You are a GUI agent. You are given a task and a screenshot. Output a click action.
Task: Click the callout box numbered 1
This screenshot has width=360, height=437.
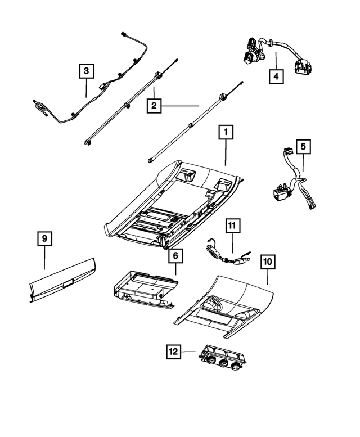[225, 133]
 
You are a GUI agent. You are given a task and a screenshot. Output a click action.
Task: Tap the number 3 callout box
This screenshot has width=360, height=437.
[86, 71]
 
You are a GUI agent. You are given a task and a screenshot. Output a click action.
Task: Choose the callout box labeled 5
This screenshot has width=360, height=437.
[303, 147]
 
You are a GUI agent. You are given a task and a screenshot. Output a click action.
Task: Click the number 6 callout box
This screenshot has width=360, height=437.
[175, 256]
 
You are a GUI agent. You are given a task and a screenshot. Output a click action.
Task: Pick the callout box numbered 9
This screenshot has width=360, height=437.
[45, 239]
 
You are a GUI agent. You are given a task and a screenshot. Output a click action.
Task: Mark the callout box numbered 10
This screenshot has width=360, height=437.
[267, 262]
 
